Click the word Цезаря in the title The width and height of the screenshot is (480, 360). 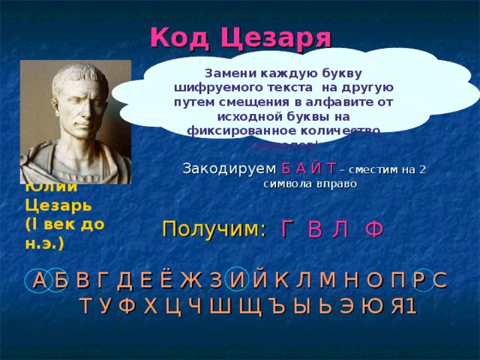274,35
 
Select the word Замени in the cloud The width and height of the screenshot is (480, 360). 232,74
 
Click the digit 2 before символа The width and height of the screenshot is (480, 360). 422,169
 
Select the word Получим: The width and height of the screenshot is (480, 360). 214,229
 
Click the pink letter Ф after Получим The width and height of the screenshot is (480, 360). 374,230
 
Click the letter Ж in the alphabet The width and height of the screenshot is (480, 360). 190,281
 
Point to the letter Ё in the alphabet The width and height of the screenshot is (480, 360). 166,281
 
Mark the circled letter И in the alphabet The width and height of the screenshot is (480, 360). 236,281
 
